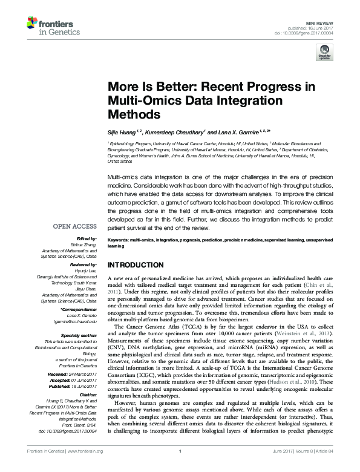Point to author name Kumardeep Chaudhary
click(x=175, y=131)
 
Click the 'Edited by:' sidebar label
click(x=87, y=238)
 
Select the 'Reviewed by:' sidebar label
click(x=83, y=265)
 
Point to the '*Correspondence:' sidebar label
click(x=80, y=309)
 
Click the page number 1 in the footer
click(x=180, y=467)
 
